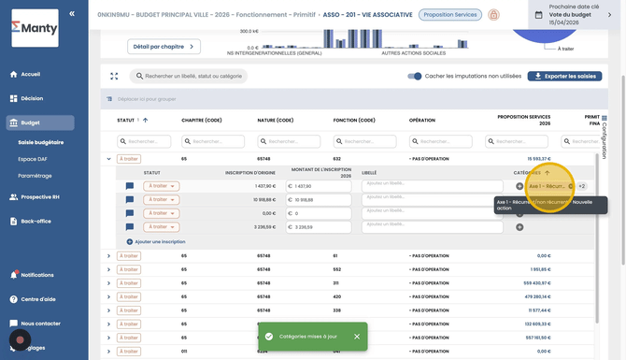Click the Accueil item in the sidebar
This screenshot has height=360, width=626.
pos(31,74)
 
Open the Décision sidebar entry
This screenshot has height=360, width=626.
pos(32,97)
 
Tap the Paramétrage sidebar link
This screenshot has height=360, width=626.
pos(36,176)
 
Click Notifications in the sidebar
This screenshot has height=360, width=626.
pos(36,275)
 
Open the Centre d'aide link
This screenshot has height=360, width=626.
pos(38,299)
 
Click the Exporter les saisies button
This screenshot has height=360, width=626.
pos(564,76)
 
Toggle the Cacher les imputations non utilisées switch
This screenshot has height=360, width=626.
pos(415,76)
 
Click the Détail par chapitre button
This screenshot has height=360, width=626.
pos(164,47)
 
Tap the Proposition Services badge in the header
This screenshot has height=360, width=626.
pos(448,15)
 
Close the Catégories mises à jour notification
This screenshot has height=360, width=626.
pos(357,336)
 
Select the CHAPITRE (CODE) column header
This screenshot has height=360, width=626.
pos(201,121)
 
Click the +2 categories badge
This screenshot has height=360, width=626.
pos(581,186)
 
